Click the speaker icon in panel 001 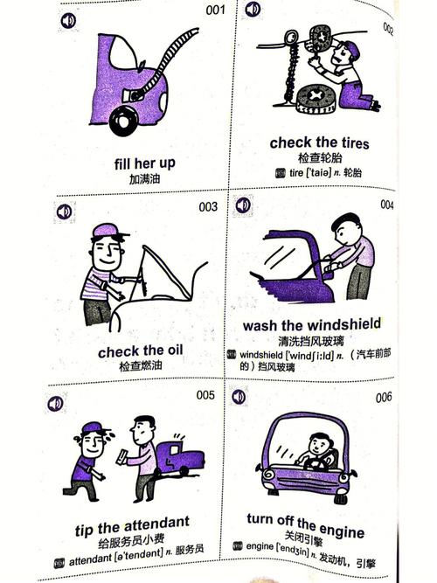[x=68, y=20]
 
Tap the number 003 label [x=208, y=207]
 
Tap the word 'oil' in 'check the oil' [x=174, y=350]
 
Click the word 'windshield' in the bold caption [x=342, y=324]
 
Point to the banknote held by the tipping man [x=122, y=456]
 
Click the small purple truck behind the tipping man [x=180, y=456]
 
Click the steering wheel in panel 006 [x=316, y=463]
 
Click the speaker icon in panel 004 [x=243, y=205]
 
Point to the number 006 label [x=384, y=397]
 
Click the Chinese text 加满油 [x=144, y=179]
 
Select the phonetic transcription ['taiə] [x=318, y=172]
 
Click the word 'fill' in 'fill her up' [x=122, y=163]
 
